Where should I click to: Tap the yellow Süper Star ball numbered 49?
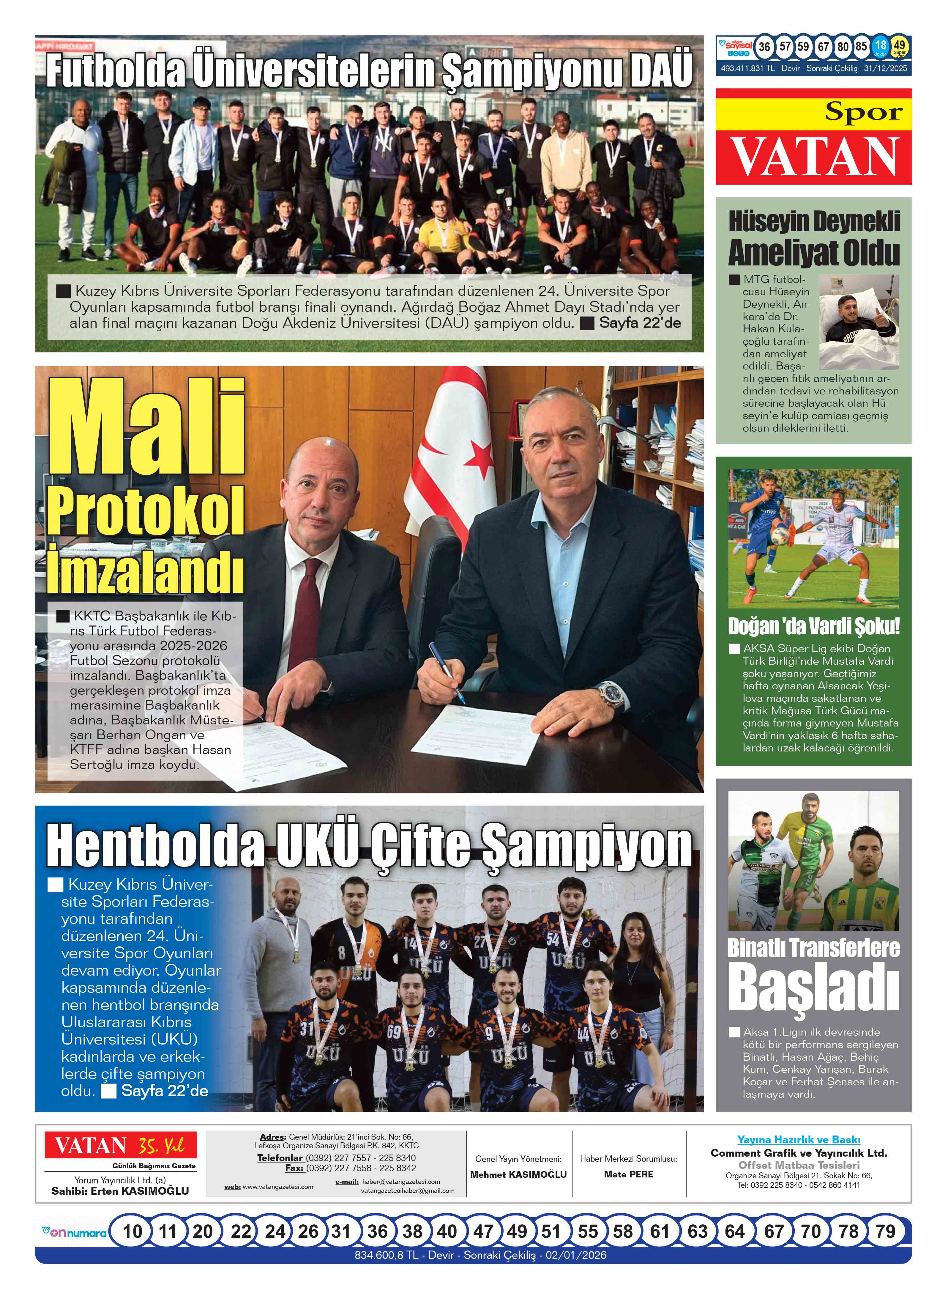tap(899, 46)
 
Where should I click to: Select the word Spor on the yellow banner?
tap(864, 111)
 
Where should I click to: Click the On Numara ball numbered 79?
tap(884, 1231)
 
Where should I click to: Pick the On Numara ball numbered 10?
tap(133, 1231)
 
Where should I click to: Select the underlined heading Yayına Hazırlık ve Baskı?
tap(798, 1139)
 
